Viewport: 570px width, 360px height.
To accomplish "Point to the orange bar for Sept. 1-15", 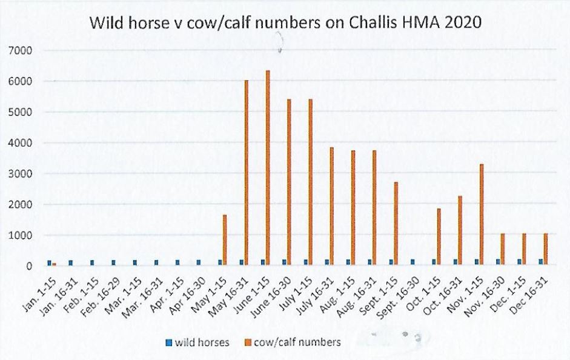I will tap(396, 224).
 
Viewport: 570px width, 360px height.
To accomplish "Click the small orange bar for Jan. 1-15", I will tap(54, 264).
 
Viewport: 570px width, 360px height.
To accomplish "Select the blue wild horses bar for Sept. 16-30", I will tap(413, 262).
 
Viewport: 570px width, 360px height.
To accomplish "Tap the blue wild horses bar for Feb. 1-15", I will tap(92, 262).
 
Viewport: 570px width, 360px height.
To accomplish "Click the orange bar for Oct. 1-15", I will tap(439, 237).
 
